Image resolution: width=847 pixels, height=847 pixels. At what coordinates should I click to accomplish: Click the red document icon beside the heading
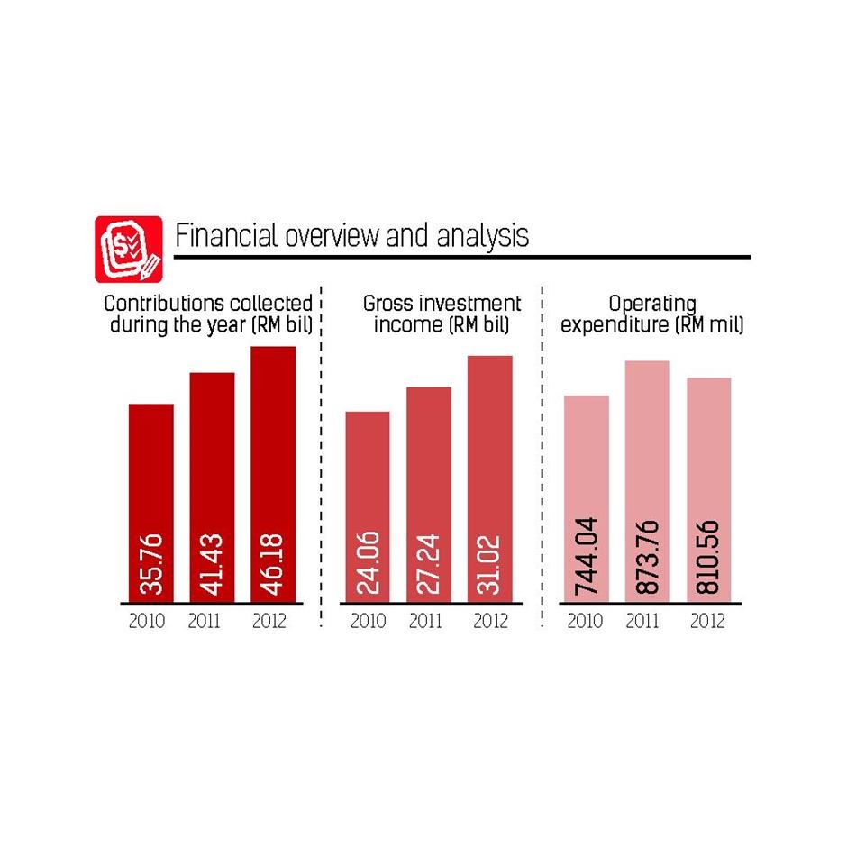[129, 249]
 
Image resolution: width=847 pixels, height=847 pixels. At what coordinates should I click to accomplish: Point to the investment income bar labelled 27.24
[429, 495]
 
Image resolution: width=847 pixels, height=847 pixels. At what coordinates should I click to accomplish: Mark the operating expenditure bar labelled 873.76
[647, 481]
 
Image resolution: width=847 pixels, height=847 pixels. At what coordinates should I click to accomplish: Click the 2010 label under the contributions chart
[146, 621]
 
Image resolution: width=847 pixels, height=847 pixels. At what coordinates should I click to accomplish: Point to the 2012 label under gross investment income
[490, 621]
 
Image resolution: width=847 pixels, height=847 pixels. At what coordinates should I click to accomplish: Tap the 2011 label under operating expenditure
[642, 621]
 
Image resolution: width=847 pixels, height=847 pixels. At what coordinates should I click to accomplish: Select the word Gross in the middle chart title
[387, 304]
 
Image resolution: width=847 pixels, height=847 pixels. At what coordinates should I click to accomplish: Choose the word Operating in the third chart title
[651, 305]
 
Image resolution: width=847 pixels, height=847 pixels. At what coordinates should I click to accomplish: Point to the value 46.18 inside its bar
[273, 564]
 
